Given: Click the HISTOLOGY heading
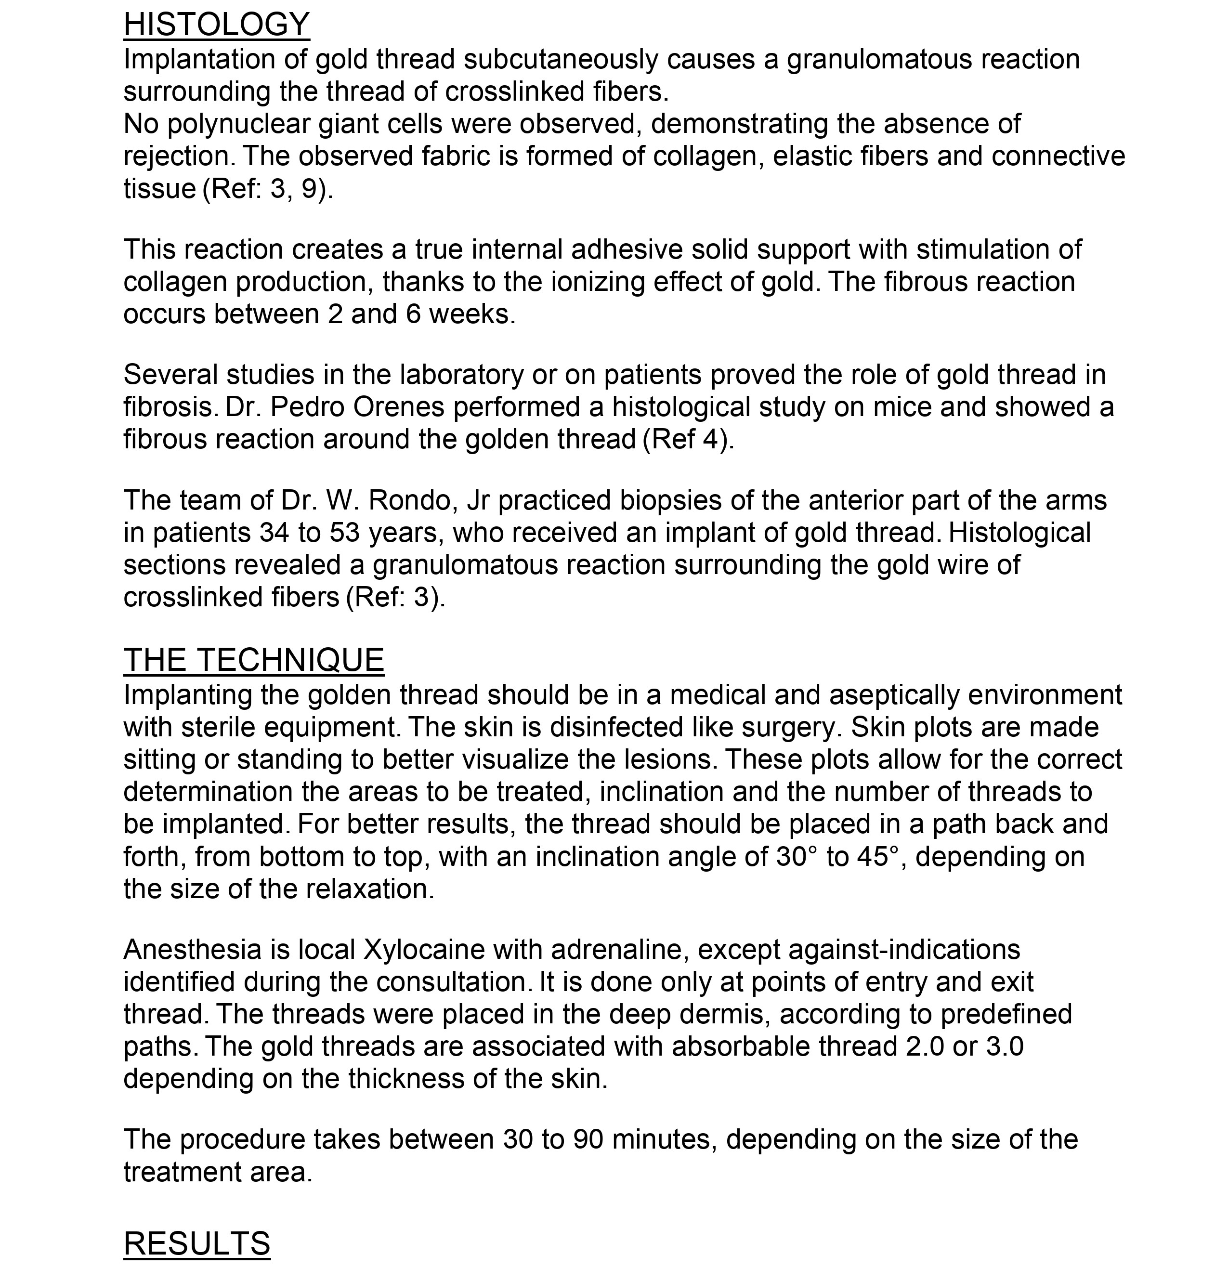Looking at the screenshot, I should tap(216, 25).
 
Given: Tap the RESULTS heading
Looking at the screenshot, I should tap(196, 1243).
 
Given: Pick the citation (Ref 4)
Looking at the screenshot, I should tap(689, 439).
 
